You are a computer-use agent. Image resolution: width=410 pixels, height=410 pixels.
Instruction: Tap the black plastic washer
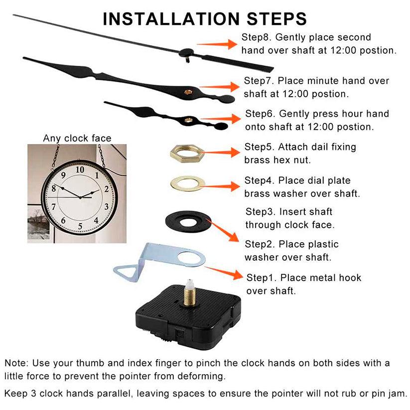click(172, 222)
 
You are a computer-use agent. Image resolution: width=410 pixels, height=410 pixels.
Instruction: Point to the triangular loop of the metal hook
click(123, 271)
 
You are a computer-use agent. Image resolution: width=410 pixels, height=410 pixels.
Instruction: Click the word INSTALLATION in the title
click(171, 19)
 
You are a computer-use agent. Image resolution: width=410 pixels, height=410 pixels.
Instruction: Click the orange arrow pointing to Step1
click(224, 272)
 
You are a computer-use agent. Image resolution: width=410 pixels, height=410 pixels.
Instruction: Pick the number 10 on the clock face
click(80, 169)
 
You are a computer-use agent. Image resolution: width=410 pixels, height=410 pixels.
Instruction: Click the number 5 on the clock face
click(80, 226)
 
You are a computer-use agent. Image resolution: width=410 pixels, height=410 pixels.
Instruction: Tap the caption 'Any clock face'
click(77, 138)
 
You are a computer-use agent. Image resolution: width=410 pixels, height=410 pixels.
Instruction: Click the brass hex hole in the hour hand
click(188, 120)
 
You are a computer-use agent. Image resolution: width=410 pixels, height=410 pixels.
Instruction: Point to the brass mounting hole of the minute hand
click(188, 92)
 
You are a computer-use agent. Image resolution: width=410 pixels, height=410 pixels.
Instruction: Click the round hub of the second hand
click(186, 53)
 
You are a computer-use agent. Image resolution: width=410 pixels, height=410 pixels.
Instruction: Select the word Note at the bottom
click(15, 363)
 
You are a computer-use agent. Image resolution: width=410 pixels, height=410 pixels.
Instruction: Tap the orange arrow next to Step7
click(219, 87)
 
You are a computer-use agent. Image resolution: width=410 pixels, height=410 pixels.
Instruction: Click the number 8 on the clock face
click(54, 188)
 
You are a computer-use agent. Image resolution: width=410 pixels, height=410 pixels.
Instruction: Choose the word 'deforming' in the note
click(201, 376)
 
